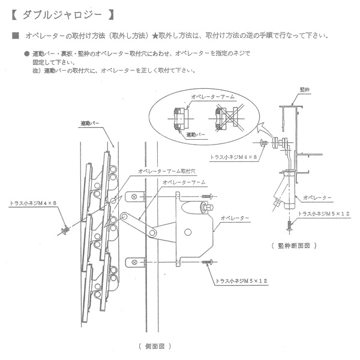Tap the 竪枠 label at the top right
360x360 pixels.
click(305, 89)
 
